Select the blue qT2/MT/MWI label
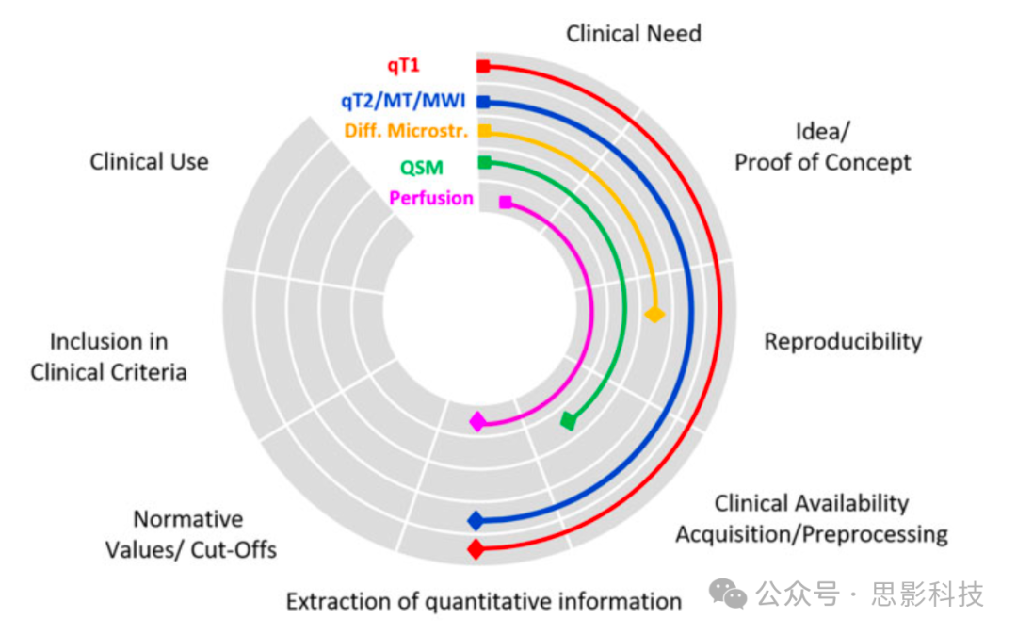click(403, 101)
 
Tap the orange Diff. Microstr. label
click(406, 131)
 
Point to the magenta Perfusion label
click(431, 198)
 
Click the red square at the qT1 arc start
click(483, 66)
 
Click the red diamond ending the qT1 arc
click(476, 549)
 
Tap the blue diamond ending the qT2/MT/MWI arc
click(476, 520)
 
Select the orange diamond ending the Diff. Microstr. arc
click(655, 314)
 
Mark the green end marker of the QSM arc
click(568, 420)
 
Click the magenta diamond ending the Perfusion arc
click(478, 421)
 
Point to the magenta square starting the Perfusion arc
click(506, 202)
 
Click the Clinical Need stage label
click(633, 34)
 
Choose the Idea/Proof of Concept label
click(822, 147)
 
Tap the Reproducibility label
click(842, 341)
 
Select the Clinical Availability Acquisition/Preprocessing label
click(811, 519)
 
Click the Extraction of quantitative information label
click(483, 601)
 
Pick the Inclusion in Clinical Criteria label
click(108, 356)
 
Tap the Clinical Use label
click(149, 161)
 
